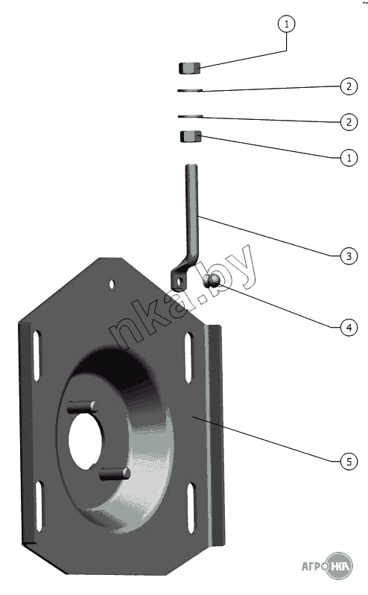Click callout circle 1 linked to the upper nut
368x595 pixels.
tap(286, 24)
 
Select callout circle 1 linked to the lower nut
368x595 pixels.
tap(349, 157)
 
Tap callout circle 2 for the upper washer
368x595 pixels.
tap(349, 86)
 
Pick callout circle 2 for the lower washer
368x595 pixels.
tap(349, 122)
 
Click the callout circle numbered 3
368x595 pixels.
tap(349, 256)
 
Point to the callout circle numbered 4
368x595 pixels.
tap(349, 327)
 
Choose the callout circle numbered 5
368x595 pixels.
tap(349, 461)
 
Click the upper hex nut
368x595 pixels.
tap(189, 69)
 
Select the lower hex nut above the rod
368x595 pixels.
tap(191, 136)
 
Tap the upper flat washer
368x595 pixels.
tap(190, 90)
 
